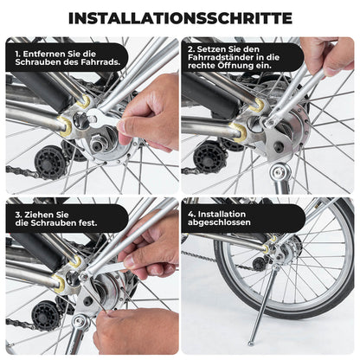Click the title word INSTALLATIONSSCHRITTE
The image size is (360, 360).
point(180,17)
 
